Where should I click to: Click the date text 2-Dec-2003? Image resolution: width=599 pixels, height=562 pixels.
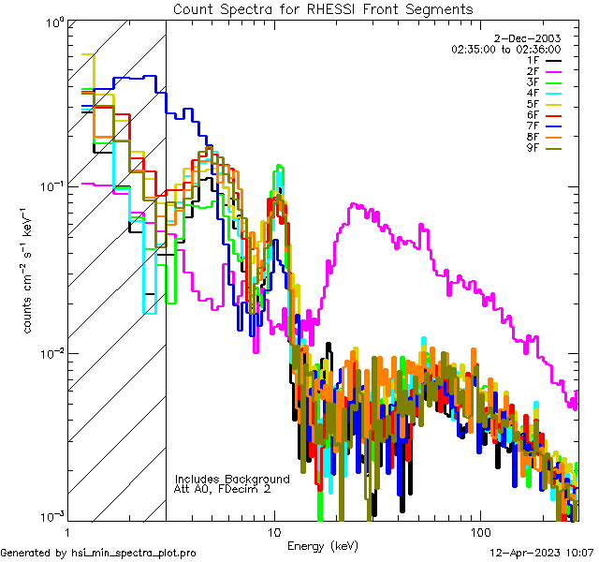(531, 37)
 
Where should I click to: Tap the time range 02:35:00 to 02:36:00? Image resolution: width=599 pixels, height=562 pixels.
(505, 48)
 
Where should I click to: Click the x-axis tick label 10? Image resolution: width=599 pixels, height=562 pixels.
(274, 531)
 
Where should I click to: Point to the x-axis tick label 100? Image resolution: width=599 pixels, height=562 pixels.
(479, 531)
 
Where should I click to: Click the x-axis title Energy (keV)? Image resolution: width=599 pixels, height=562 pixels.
(323, 546)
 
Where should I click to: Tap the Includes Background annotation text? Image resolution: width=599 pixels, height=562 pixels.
(232, 479)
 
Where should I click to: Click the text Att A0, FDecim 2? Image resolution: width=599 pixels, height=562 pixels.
(223, 489)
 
